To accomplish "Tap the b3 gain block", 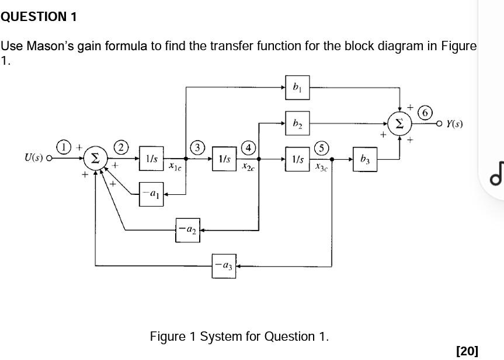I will tap(365, 159).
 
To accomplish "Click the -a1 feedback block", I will tap(151, 193).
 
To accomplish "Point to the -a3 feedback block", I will tap(224, 266).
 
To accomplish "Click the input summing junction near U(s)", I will tap(96, 158).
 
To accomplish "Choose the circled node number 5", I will tap(322, 146).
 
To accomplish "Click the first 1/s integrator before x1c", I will tap(151, 159).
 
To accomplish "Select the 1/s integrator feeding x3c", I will tap(297, 159).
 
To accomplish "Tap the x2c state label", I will tap(248, 167).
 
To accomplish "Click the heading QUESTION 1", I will tap(39, 17).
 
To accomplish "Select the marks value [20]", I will tap(467, 351).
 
